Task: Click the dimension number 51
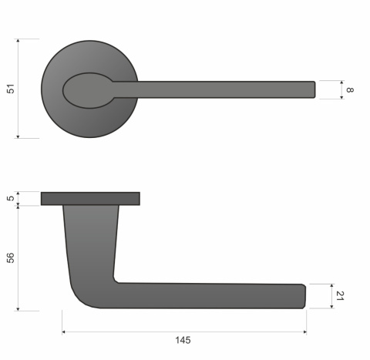click(10, 89)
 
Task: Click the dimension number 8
click(350, 90)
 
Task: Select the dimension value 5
click(10, 199)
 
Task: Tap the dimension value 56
click(10, 258)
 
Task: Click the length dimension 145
click(183, 340)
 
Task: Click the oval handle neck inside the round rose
click(88, 90)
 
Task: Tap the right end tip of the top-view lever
click(313, 89)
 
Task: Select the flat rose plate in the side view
click(90, 199)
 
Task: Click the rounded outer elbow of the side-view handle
click(81, 298)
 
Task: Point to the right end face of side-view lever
click(304, 296)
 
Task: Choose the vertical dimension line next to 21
click(331, 296)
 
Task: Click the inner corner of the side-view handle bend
click(117, 279)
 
